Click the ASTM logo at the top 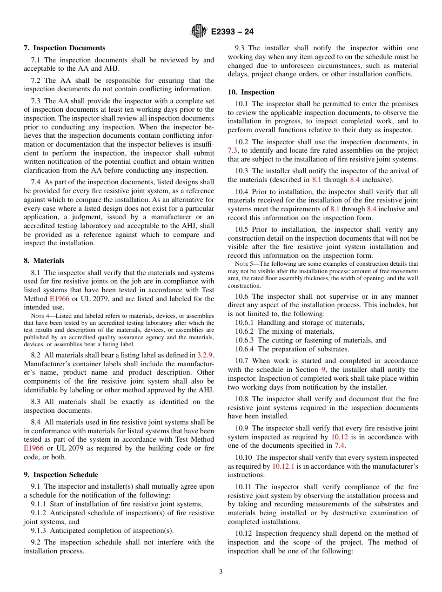click(x=199, y=32)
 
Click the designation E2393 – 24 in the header click(x=232, y=32)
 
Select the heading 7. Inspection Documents click(x=64, y=48)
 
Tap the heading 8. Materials click(x=44, y=261)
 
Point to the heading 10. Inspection click(x=251, y=92)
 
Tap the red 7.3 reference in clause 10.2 click(x=233, y=150)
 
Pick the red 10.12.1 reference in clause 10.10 click(x=283, y=466)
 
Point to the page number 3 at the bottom click(x=221, y=572)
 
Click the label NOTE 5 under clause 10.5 click(x=243, y=264)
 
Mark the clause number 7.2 click(x=36, y=81)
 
